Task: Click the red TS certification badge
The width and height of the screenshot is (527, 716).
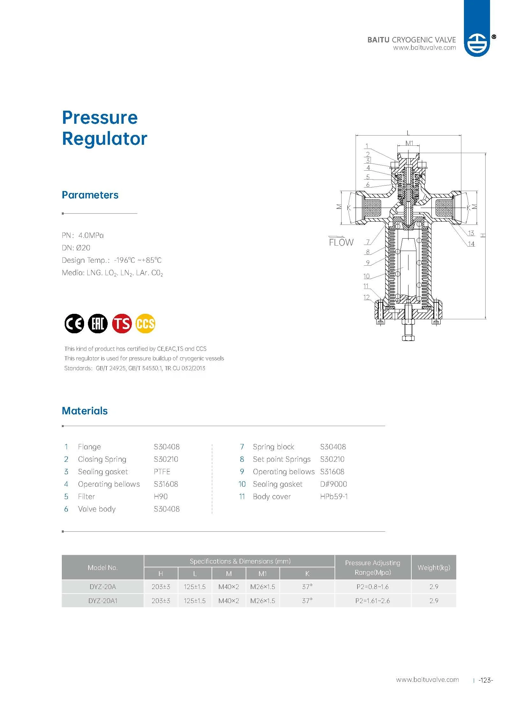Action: [x=122, y=323]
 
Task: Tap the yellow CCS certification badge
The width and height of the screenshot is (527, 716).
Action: [x=146, y=323]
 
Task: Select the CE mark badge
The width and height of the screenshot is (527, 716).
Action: [x=74, y=323]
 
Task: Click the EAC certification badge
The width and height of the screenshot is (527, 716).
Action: [x=98, y=323]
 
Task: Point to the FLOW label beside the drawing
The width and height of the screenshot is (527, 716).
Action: [x=341, y=242]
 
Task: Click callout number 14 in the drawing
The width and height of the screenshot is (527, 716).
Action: [x=471, y=244]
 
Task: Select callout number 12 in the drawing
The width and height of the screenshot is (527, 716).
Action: [x=366, y=297]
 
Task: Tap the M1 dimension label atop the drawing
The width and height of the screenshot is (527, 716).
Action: [x=409, y=143]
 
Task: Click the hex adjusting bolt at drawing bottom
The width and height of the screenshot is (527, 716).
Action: [x=408, y=337]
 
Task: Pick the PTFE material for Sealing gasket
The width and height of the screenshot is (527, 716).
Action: [x=162, y=472]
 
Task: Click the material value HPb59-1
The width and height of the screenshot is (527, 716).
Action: [x=334, y=497]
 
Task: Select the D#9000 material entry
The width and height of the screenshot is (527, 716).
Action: [x=333, y=484]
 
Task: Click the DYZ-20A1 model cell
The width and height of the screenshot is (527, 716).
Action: [x=103, y=601]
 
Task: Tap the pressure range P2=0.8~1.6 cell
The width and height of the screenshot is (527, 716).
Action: [x=372, y=587]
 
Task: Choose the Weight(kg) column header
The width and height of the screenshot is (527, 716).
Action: [x=434, y=567]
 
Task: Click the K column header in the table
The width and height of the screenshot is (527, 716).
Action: [x=307, y=573]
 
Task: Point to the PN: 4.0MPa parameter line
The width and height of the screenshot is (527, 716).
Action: [x=83, y=235]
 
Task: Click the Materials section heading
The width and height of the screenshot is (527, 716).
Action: [x=84, y=411]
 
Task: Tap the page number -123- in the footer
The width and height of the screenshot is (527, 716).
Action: [x=486, y=680]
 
